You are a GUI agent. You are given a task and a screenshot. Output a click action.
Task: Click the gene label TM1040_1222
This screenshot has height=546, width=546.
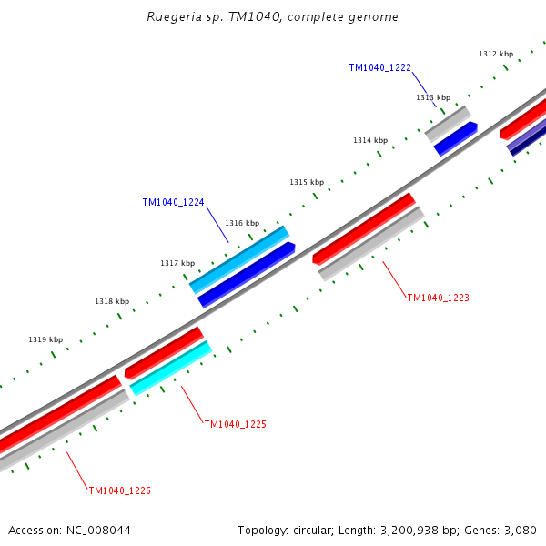tap(379, 67)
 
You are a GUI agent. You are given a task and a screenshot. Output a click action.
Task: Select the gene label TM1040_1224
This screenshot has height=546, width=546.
tap(173, 203)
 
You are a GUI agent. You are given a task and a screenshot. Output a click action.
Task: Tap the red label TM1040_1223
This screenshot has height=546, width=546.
tap(438, 298)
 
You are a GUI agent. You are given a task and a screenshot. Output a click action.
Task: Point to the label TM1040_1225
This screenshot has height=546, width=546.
tap(235, 424)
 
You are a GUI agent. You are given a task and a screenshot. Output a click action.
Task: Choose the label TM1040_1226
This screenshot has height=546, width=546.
tap(119, 490)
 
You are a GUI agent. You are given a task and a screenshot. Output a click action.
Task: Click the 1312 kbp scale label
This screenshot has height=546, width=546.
tap(496, 54)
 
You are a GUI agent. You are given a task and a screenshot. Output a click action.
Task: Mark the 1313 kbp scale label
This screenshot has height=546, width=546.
tap(433, 97)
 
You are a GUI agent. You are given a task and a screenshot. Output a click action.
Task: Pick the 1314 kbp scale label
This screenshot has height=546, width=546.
tap(370, 140)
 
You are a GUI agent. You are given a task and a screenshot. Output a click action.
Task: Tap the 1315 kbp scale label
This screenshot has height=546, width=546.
tap(307, 182)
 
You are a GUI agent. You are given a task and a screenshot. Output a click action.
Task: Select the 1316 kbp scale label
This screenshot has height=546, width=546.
tap(242, 223)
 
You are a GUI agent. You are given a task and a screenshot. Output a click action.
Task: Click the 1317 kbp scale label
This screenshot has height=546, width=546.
tap(177, 263)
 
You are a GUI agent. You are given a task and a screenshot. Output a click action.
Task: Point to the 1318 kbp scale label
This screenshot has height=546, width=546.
tap(112, 301)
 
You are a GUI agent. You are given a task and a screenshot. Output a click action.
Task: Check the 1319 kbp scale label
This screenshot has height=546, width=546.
tap(45, 339)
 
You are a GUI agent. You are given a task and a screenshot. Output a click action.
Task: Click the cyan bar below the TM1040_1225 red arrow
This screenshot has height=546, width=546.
tap(171, 369)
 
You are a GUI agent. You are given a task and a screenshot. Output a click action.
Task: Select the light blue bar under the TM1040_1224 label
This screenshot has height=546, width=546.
tap(238, 259)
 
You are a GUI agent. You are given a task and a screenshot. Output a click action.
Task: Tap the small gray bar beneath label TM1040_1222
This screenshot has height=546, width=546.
tap(447, 124)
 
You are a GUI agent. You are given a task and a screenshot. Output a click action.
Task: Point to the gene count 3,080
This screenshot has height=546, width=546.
tap(519, 530)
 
